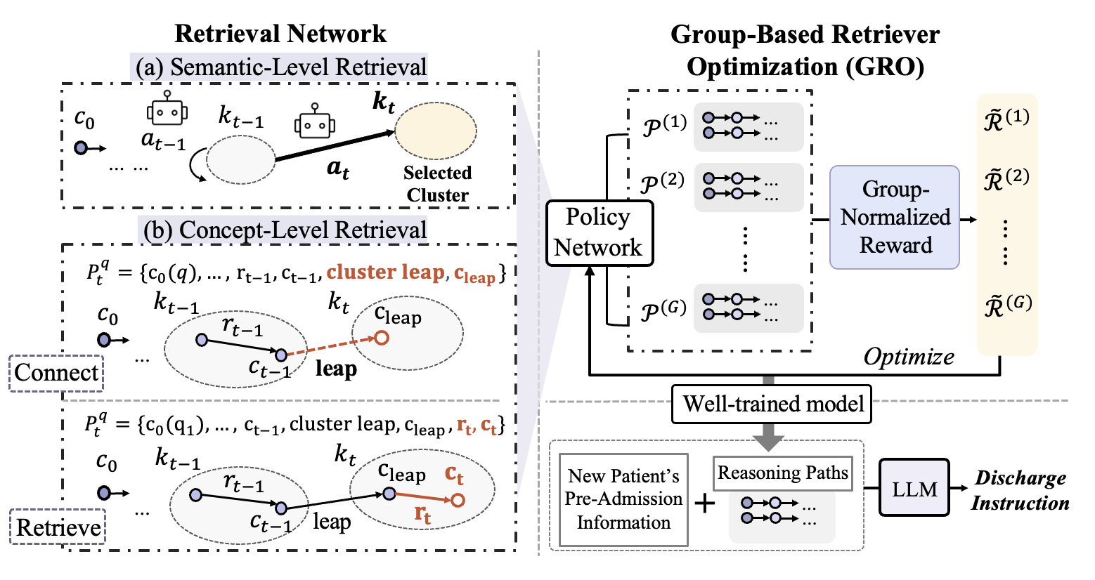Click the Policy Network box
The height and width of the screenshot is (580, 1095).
click(599, 232)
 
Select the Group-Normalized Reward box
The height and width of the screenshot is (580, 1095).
click(895, 217)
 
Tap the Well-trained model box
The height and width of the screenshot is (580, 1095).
click(772, 404)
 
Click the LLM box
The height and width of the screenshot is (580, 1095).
click(914, 489)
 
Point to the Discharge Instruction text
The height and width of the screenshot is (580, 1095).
click(1020, 491)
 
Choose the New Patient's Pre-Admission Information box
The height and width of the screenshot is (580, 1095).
click(623, 499)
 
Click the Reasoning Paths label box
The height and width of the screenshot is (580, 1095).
click(782, 473)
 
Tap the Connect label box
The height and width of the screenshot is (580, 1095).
click(56, 372)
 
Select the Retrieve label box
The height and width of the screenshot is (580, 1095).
click(58, 527)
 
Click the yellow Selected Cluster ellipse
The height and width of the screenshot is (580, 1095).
click(436, 131)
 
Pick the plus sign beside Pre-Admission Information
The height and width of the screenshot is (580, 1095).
click(704, 503)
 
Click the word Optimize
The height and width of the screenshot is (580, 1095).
click(909, 357)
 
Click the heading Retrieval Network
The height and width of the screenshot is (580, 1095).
click(280, 34)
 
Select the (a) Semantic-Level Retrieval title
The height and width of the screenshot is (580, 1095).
click(280, 67)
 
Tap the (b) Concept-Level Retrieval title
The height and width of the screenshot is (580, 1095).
click(284, 230)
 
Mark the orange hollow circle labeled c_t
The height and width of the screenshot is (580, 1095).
click(458, 500)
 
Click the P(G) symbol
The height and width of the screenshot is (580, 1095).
click(663, 309)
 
